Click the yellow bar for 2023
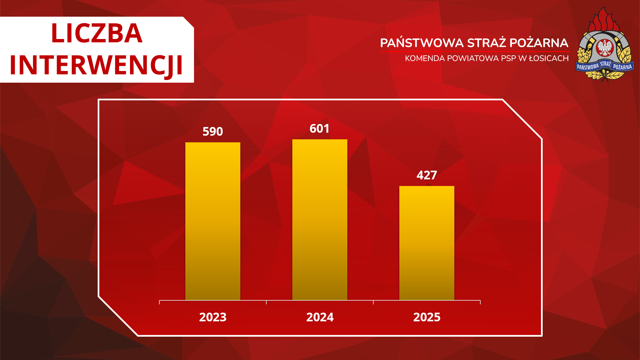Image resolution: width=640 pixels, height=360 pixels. click(x=213, y=221)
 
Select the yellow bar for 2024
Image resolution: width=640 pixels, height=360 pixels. click(x=320, y=220)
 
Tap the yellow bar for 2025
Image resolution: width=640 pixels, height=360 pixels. click(x=427, y=243)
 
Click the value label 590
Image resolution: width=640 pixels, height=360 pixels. click(x=213, y=131)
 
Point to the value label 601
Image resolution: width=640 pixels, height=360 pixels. click(x=320, y=128)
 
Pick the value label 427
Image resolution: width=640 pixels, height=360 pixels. click(x=427, y=175)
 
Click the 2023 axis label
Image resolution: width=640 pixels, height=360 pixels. click(x=213, y=317)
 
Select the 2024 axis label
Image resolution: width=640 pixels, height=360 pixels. click(x=320, y=317)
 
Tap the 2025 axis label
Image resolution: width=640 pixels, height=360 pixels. click(x=427, y=317)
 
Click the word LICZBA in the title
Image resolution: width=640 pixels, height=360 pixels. click(x=97, y=33)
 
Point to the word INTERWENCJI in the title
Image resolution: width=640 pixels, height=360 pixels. click(x=96, y=65)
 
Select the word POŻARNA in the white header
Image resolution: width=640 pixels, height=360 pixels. click(x=539, y=43)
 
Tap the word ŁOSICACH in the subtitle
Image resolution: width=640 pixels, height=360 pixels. click(x=549, y=58)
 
